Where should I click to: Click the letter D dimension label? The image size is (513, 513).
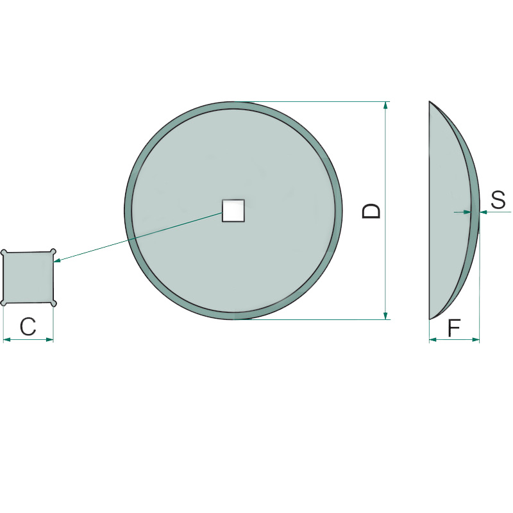click(372, 211)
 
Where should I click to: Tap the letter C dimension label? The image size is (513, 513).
click(28, 326)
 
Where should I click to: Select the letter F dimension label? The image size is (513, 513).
click(454, 328)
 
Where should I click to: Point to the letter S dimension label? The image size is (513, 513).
click(498, 200)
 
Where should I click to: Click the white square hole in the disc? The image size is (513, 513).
click(233, 211)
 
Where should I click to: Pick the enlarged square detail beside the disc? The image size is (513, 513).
click(28, 278)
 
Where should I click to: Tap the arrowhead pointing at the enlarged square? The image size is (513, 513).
click(57, 260)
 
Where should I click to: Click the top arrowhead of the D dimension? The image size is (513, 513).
click(386, 105)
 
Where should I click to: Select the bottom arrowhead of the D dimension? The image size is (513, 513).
click(386, 315)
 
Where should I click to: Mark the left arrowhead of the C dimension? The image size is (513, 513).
click(7, 340)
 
